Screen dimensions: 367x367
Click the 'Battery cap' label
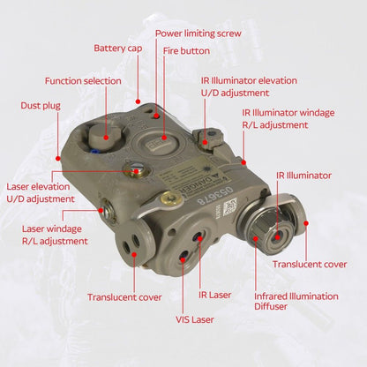(x=116, y=48)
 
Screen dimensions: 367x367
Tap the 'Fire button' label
(x=186, y=50)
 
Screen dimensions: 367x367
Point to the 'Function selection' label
(x=83, y=80)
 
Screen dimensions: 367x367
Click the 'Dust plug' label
(x=41, y=105)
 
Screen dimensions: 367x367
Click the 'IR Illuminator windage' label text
(x=288, y=113)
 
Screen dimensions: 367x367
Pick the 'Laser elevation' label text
(x=41, y=186)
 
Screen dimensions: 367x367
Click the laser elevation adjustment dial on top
(x=135, y=170)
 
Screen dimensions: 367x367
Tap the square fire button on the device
(x=166, y=138)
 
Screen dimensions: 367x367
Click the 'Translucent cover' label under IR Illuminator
(x=309, y=264)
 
